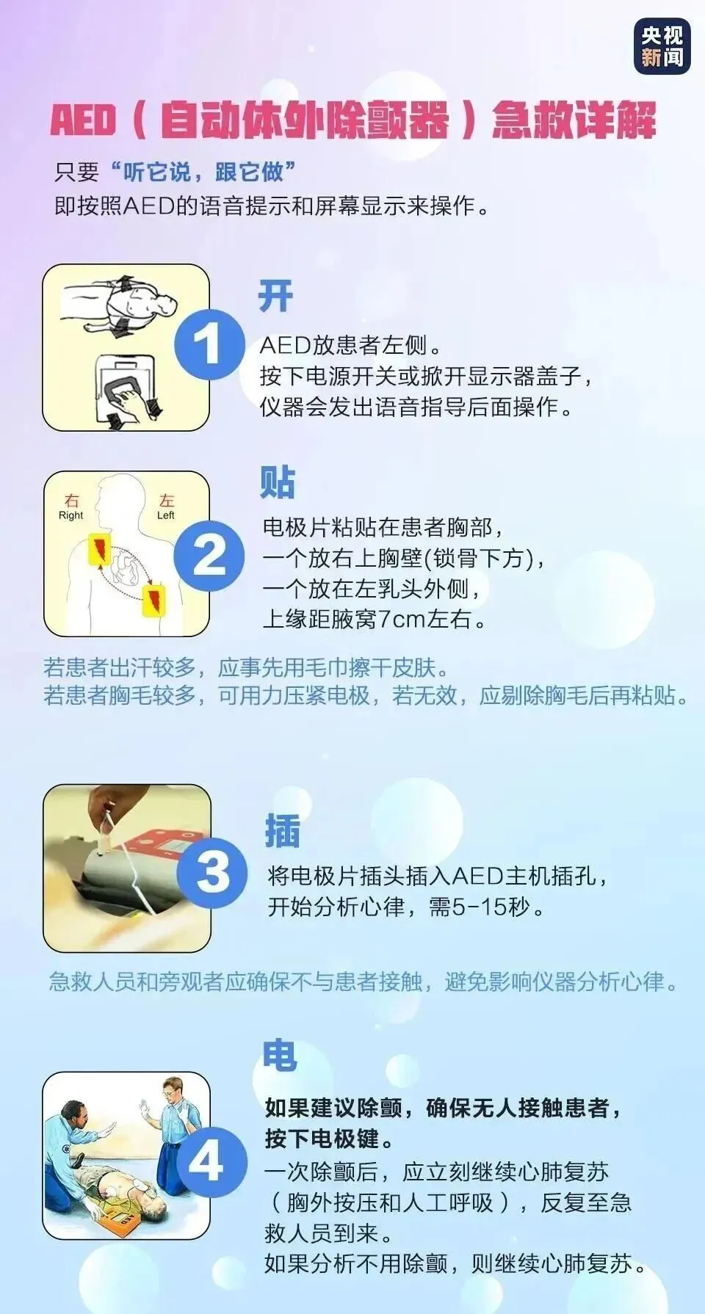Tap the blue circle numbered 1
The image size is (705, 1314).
209,344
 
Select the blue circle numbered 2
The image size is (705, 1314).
209,555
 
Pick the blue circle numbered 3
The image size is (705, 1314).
212,872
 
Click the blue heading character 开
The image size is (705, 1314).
275,297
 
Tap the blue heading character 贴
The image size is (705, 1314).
278,483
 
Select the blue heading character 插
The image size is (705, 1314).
283,831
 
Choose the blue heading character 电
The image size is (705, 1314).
280,1056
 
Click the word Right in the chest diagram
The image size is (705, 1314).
71,515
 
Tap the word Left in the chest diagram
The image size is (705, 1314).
166,515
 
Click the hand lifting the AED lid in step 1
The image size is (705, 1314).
132,402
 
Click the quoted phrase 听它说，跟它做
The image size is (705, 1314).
203,172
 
